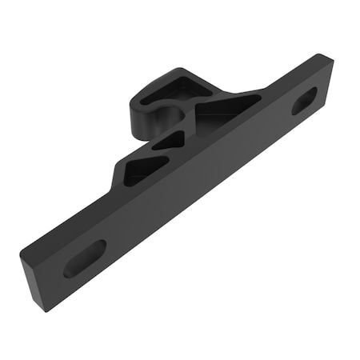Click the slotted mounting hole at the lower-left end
(x=84, y=258)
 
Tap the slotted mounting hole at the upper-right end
(x=304, y=101)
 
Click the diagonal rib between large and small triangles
(x=190, y=130)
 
